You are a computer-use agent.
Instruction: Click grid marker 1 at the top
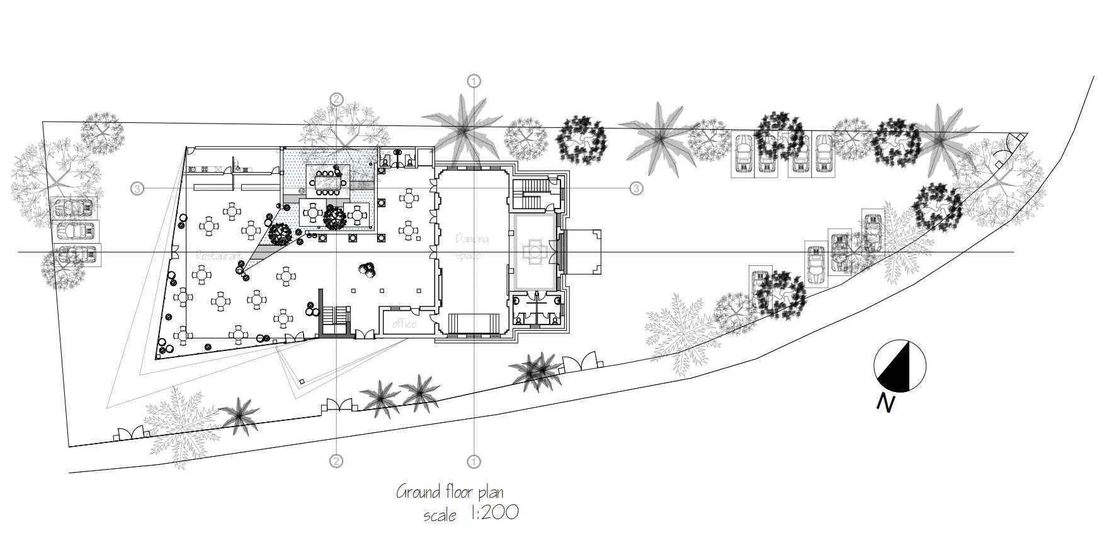pos(474,81)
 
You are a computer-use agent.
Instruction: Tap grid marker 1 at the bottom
pos(474,461)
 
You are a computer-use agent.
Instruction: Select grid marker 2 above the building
pos(337,99)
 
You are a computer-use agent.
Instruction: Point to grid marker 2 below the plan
pos(336,461)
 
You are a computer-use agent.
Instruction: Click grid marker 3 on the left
pos(137,188)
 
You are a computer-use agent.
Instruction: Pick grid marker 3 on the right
pos(636,188)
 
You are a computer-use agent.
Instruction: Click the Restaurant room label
pos(219,256)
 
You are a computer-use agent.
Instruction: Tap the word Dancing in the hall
pos(472,239)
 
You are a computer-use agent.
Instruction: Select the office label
pos(404,324)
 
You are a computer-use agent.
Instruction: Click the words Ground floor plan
pos(450,491)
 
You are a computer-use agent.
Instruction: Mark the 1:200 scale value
pos(494,513)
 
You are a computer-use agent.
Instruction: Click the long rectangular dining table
pos(327,180)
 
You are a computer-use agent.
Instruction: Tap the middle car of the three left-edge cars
pos(75,231)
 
